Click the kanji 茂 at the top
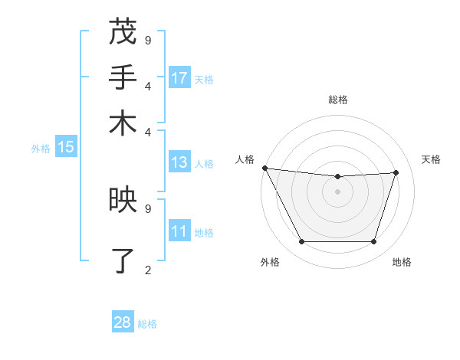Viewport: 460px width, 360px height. coord(123,32)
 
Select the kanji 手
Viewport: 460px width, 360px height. coord(123,77)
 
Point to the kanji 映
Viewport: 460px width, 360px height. coord(123,200)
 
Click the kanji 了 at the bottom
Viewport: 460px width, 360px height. coord(123,260)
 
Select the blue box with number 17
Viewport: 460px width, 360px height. coord(179,78)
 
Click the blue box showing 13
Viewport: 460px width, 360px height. coord(179,162)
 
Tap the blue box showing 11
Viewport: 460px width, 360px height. coord(179,231)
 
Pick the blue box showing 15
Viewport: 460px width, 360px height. coord(66,148)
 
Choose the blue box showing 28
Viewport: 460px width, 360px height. coord(123,322)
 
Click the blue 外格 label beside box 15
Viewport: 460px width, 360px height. coord(41,149)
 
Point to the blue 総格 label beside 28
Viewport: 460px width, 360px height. coord(147,324)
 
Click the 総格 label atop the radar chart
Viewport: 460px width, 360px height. coord(338,100)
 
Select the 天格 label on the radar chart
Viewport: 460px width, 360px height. coord(431,159)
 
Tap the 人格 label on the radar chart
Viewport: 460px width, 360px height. coord(245,159)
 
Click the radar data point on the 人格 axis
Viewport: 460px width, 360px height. coord(264,168)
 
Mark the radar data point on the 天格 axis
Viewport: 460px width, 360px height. coord(396,172)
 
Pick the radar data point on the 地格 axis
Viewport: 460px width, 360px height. coord(374,242)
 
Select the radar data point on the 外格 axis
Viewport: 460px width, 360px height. coord(301,242)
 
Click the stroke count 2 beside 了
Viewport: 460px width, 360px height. coord(148,270)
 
